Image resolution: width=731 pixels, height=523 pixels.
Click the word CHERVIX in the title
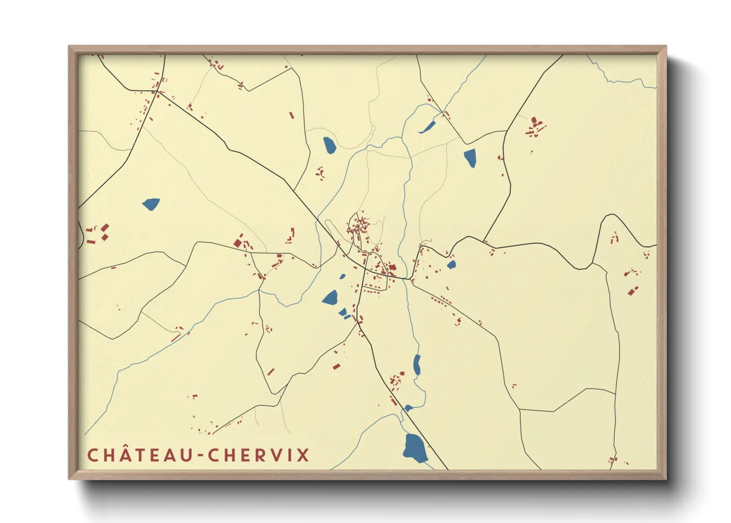click(258, 455)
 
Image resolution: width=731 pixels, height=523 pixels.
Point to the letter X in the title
click(303, 455)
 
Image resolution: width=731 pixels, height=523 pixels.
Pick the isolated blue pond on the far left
click(151, 204)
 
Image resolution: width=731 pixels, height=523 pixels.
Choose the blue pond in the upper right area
click(470, 158)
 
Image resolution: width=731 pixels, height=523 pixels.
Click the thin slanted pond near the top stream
click(427, 127)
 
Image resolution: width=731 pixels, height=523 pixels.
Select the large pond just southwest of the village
click(330, 298)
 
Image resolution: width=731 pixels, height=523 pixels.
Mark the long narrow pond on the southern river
click(417, 365)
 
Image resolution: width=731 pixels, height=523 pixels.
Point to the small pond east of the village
click(451, 265)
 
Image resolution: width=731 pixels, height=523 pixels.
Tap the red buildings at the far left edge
click(98, 233)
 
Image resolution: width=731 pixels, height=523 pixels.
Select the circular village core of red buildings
click(359, 227)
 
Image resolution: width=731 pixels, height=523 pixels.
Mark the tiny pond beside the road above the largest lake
click(408, 408)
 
